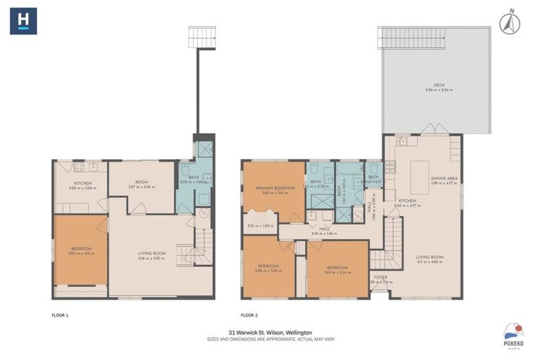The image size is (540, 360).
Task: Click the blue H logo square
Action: click(x=23, y=20)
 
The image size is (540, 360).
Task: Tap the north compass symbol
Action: click(x=509, y=23)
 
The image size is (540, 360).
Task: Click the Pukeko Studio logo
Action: click(x=513, y=334)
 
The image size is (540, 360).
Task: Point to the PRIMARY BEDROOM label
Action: click(x=275, y=188)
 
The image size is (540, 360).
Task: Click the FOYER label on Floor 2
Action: click(x=380, y=278)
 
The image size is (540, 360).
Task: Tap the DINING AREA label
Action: click(x=444, y=179)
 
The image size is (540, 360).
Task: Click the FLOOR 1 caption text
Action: click(x=60, y=315)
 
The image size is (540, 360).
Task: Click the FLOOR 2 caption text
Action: click(x=250, y=315)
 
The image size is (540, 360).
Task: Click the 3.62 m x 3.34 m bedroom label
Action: click(x=337, y=269)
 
